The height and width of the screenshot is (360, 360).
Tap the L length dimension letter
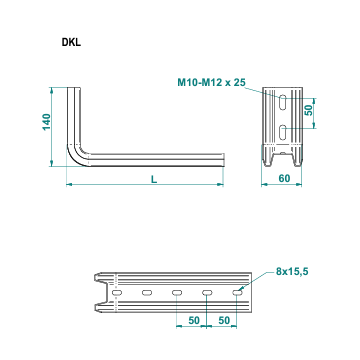click(x=151, y=178)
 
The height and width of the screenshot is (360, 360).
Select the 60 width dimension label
click(x=283, y=178)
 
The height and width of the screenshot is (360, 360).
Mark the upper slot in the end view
click(x=284, y=102)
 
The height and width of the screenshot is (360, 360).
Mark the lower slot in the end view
click(x=284, y=132)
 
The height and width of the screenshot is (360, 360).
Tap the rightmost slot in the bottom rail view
click(x=238, y=292)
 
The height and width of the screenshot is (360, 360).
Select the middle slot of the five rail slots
click(x=177, y=292)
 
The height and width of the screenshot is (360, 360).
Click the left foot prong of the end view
click(x=271, y=157)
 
